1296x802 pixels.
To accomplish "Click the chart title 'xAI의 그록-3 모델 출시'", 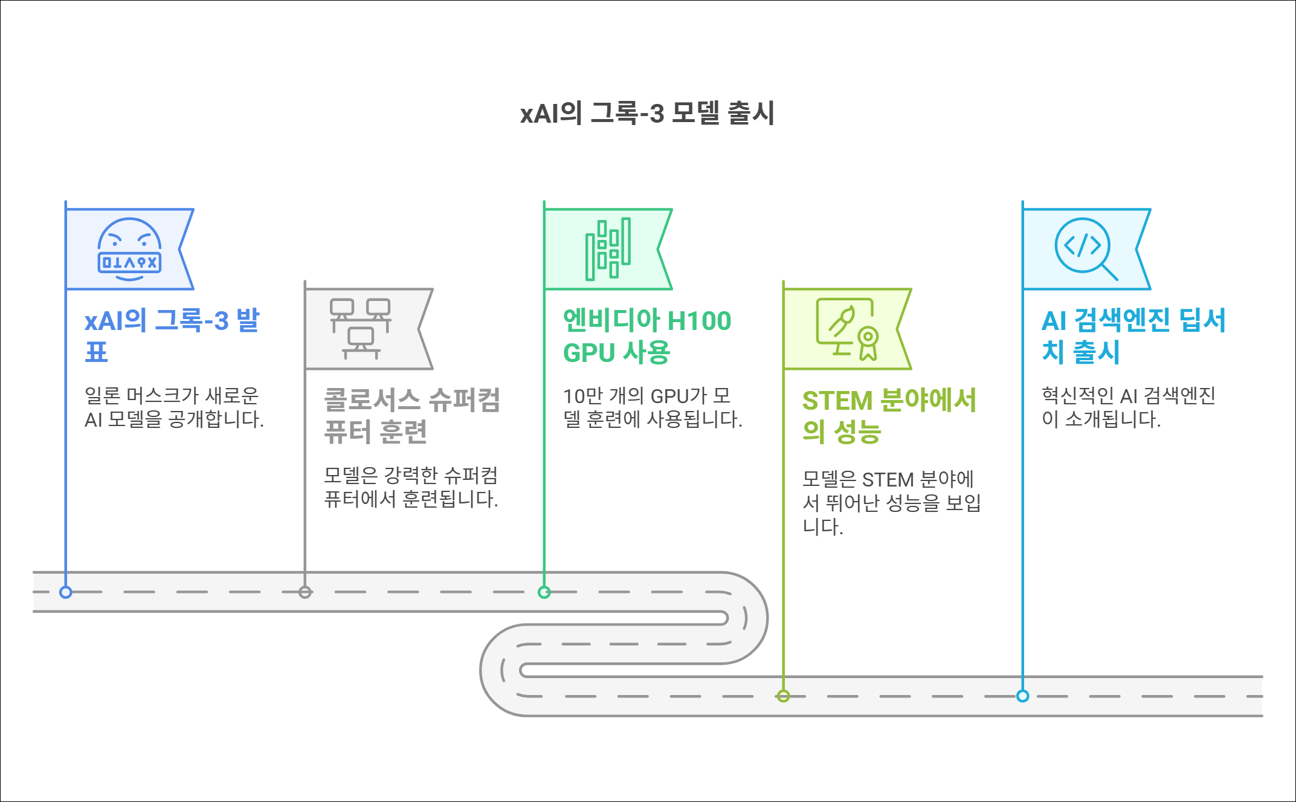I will (x=647, y=113).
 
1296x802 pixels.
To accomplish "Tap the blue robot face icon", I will (x=129, y=250).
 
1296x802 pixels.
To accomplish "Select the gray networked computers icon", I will (x=361, y=329).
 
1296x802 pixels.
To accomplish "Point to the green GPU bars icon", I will (x=608, y=249).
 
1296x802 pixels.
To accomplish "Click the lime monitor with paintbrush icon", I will (x=847, y=329).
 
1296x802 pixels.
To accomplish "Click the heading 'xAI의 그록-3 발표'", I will (x=172, y=335).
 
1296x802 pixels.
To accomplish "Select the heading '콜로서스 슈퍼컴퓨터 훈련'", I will (x=412, y=415).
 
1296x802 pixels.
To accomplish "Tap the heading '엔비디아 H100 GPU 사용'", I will (x=646, y=336).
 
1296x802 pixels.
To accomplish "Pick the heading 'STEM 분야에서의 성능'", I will (x=889, y=416).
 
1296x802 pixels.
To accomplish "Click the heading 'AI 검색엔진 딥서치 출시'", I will (x=1133, y=336).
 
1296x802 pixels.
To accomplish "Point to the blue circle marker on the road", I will (x=66, y=592).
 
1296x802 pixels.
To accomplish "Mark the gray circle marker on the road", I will (x=305, y=592).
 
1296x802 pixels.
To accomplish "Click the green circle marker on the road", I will (x=544, y=592).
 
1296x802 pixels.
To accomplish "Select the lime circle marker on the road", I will (x=783, y=696).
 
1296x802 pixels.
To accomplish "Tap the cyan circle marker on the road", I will (x=1022, y=696).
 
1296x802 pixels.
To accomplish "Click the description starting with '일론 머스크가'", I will (x=174, y=407).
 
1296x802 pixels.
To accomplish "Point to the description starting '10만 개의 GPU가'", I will (x=653, y=407).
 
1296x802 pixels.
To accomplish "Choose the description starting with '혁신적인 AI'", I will (x=1129, y=407).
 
